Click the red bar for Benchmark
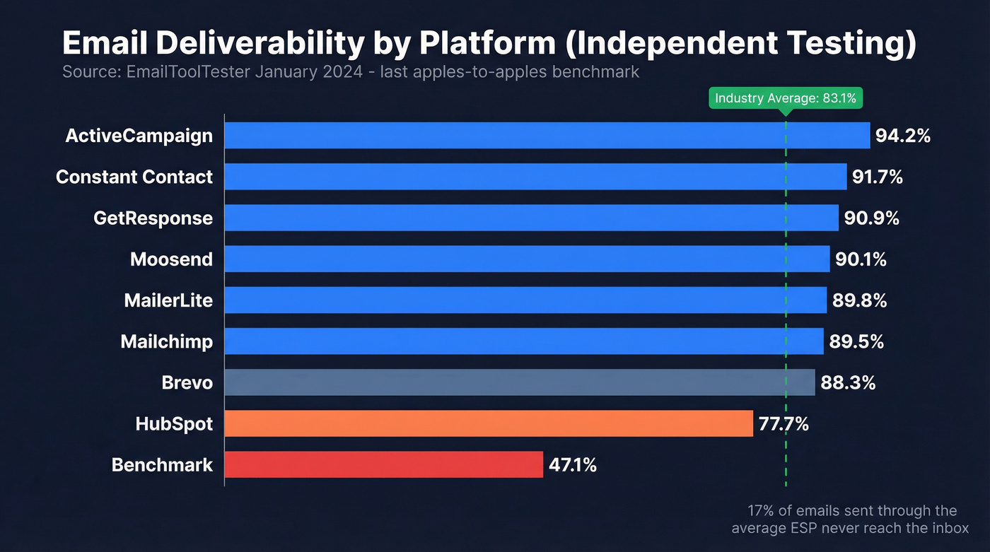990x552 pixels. (x=383, y=465)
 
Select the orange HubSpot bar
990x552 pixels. (x=488, y=424)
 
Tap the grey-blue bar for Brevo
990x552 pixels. (x=519, y=382)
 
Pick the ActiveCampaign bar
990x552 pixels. (x=547, y=136)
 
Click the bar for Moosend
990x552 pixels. (x=527, y=259)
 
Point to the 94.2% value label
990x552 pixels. (x=902, y=136)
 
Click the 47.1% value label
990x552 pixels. (x=572, y=465)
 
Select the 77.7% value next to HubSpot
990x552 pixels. (x=784, y=424)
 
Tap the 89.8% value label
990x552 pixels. (x=859, y=300)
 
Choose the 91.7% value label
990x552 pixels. (x=877, y=177)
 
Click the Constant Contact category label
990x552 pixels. (x=134, y=177)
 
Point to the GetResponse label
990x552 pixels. (x=153, y=218)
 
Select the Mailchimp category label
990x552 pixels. (x=166, y=342)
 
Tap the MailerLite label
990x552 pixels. (x=168, y=300)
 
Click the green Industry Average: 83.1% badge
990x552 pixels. (x=785, y=98)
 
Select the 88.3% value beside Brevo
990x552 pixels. (x=848, y=383)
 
